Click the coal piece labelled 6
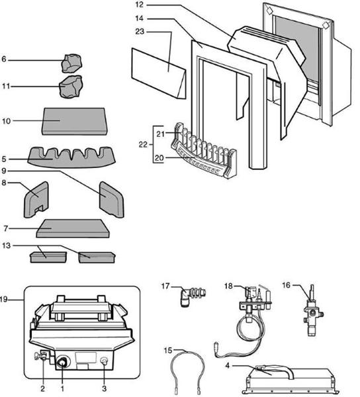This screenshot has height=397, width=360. (x=71, y=63)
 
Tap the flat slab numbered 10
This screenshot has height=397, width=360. (x=74, y=121)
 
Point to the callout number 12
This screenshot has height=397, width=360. (x=141, y=5)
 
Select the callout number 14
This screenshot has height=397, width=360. (x=141, y=19)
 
